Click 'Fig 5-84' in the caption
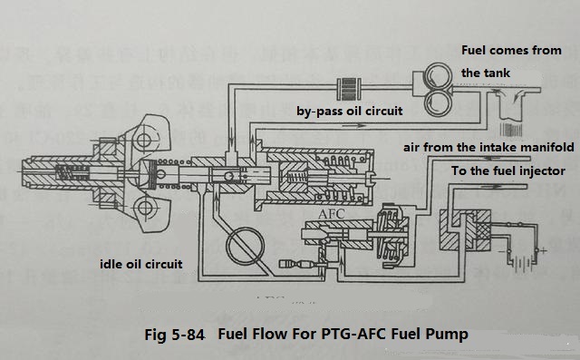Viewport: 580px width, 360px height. tap(174, 335)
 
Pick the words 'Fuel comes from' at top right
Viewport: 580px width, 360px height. tap(511, 50)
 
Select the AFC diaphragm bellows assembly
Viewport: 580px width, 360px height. tap(391, 238)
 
